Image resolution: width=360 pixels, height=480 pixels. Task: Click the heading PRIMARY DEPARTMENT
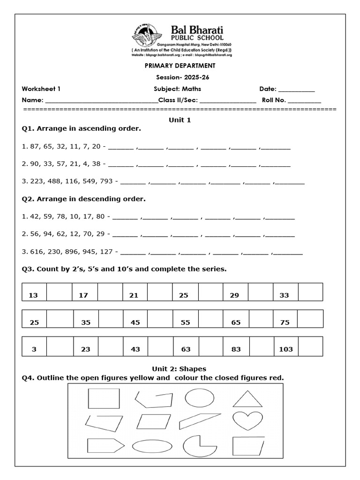click(x=180, y=66)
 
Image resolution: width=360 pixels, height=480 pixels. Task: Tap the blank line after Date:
click(x=297, y=89)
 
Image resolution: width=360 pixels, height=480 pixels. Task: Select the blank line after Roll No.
click(x=304, y=100)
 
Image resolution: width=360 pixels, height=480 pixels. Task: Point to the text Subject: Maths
click(x=177, y=89)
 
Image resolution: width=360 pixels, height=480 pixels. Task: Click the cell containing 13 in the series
click(x=33, y=295)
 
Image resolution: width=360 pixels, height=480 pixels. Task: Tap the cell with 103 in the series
click(x=285, y=349)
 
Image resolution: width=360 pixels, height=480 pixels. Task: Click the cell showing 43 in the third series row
click(x=135, y=349)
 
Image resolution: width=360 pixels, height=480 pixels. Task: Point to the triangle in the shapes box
click(x=247, y=399)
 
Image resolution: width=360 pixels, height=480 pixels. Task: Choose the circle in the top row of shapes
click(x=199, y=398)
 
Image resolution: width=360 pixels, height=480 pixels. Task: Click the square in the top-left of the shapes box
click(x=104, y=399)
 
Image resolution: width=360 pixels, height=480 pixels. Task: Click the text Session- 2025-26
click(x=180, y=77)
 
